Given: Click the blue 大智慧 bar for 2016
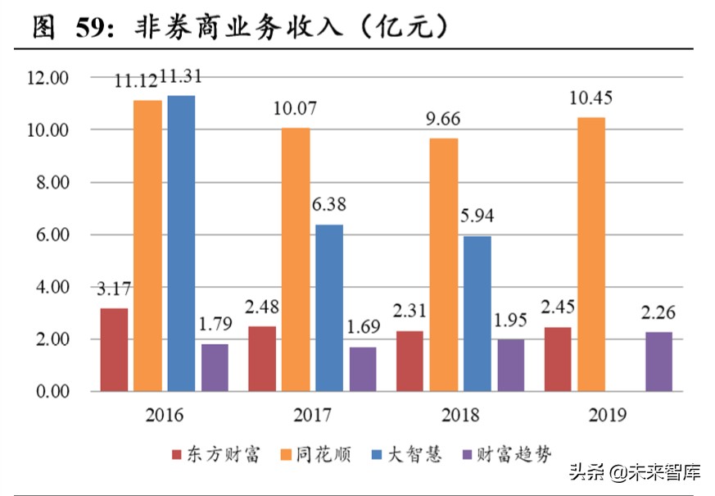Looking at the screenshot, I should click(181, 243).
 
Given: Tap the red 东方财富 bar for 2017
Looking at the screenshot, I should click(263, 358).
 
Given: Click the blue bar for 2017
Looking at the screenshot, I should click(329, 307).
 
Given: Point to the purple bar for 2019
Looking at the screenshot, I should click(658, 362).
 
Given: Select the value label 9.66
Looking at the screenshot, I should click(442, 119).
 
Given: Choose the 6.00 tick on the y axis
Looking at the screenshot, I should click(50, 235).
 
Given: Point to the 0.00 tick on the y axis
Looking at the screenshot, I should click(50, 392).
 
